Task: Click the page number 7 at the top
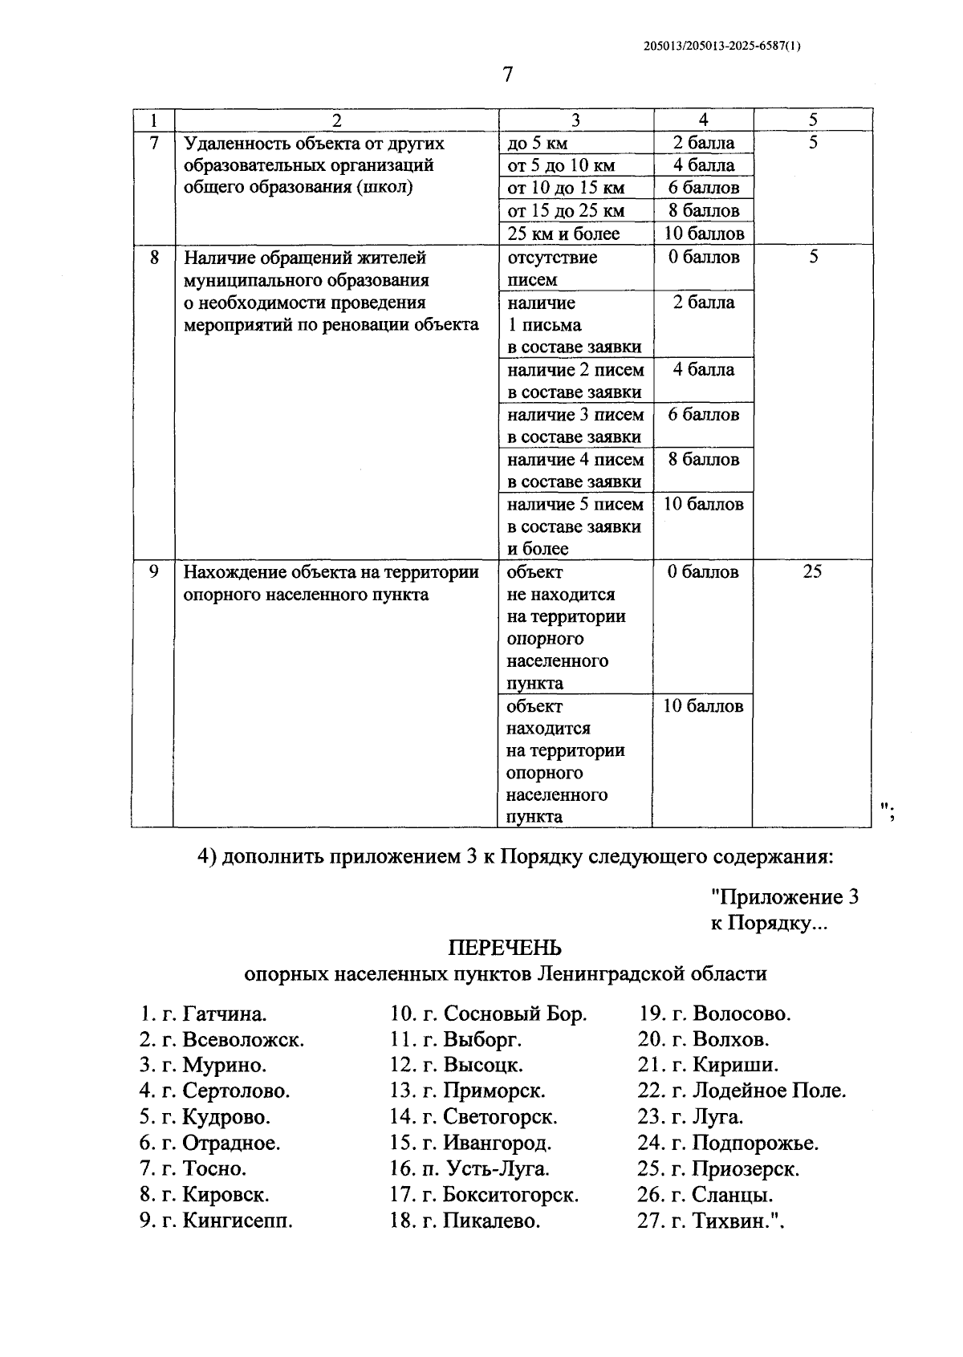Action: click(506, 75)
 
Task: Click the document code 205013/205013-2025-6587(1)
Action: click(722, 46)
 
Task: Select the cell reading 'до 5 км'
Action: click(538, 144)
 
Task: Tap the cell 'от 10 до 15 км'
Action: click(566, 189)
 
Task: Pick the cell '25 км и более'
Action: click(563, 234)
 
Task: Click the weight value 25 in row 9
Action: click(812, 572)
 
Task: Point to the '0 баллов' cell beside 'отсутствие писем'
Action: click(704, 258)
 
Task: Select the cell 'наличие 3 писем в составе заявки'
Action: click(575, 425)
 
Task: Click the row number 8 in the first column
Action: click(153, 258)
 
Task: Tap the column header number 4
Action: click(704, 120)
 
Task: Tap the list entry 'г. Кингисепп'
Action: click(227, 1221)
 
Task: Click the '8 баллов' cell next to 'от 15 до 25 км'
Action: click(704, 211)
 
